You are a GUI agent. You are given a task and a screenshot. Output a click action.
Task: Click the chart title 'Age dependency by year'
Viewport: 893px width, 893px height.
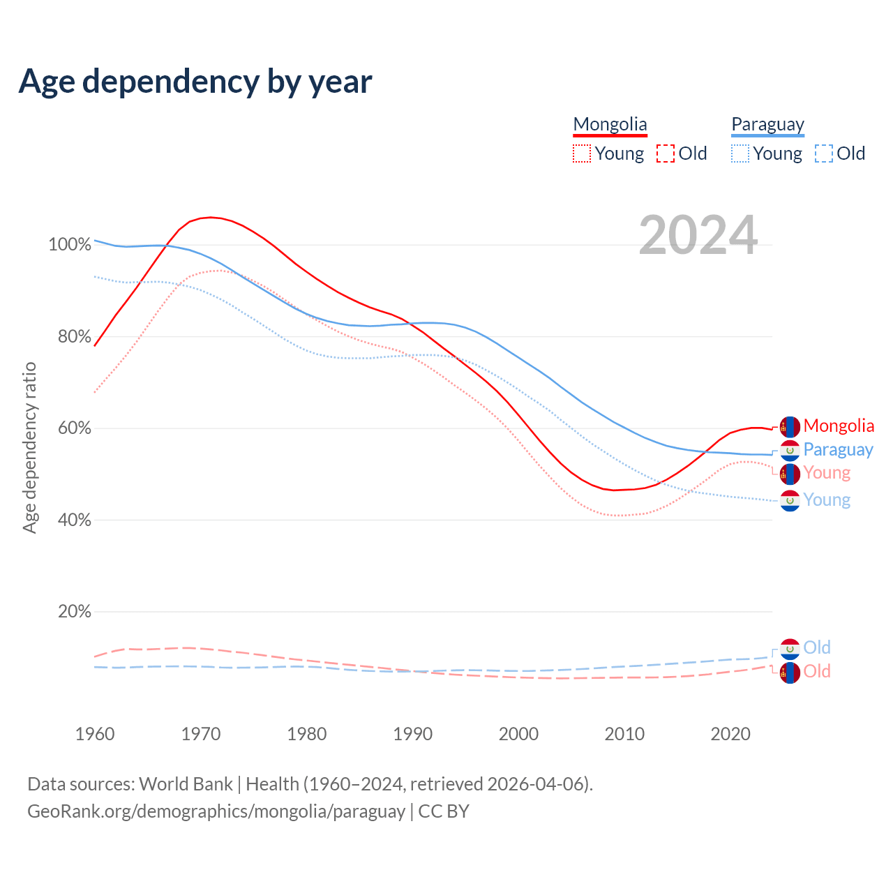[195, 82]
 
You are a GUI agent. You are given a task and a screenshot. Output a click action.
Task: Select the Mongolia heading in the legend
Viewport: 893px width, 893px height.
[610, 124]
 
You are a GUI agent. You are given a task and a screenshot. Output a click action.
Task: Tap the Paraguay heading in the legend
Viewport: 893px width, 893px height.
[767, 124]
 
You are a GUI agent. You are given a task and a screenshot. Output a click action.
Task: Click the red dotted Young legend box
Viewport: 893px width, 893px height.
[581, 153]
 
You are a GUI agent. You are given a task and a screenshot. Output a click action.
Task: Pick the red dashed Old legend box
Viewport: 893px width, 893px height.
[666, 153]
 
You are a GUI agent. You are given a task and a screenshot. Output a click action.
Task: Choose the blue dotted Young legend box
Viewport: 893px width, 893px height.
[740, 153]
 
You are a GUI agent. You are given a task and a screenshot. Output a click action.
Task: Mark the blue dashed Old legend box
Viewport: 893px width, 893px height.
[824, 153]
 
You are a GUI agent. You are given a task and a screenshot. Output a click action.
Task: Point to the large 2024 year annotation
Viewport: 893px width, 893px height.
[698, 236]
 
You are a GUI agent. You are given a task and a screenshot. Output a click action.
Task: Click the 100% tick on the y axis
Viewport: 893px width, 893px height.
[70, 245]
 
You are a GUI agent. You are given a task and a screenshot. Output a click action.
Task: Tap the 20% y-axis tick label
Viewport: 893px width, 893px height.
[75, 612]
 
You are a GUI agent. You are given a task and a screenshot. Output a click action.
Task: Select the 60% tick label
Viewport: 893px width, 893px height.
[75, 428]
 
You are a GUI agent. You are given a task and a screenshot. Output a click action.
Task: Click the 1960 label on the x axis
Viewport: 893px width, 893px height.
[95, 734]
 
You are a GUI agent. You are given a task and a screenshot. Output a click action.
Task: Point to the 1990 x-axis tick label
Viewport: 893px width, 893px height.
[413, 734]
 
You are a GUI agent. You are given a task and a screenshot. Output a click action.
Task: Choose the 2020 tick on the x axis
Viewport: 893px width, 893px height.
[730, 734]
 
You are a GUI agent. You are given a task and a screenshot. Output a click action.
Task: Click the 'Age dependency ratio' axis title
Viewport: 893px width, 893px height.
[29, 447]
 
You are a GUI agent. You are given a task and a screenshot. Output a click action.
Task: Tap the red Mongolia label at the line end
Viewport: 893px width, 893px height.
[839, 426]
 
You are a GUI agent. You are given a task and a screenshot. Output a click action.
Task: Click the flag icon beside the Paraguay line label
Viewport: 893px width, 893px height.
[790, 451]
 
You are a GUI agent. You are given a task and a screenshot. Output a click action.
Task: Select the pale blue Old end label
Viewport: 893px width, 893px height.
[817, 647]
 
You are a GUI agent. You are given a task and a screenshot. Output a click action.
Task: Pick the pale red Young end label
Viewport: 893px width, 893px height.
[827, 473]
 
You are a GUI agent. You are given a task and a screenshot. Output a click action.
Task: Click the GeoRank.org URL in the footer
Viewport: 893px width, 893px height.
[216, 811]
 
